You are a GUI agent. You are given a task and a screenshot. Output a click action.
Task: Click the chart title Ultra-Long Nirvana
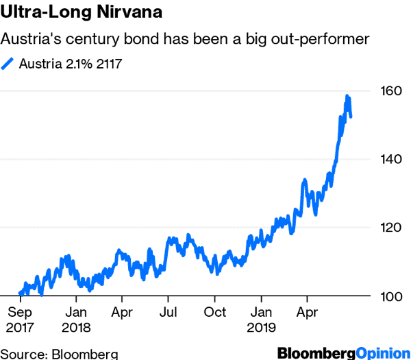click(82, 13)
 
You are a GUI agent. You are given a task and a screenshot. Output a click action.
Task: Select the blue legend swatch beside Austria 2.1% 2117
click(8, 64)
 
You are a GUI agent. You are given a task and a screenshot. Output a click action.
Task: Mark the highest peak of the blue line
click(347, 97)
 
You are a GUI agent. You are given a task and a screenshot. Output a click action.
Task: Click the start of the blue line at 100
click(21, 293)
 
